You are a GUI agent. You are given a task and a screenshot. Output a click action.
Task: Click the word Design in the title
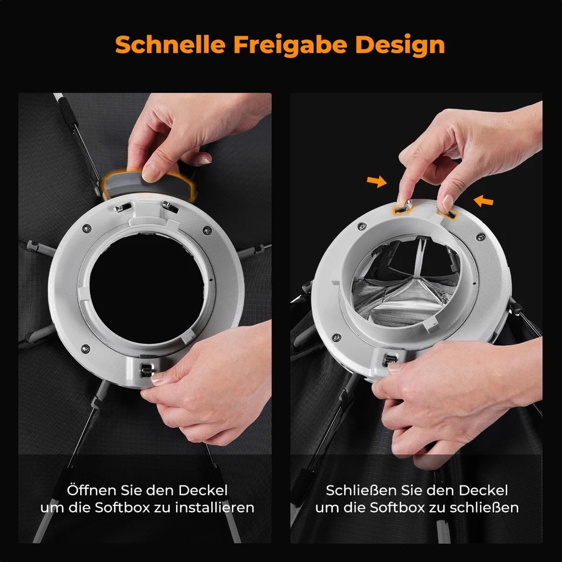pyautogui.click(x=403, y=44)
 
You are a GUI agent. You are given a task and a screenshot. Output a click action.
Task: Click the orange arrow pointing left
pyautogui.click(x=484, y=201)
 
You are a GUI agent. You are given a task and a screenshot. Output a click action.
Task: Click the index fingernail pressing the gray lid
pyautogui.click(x=151, y=172)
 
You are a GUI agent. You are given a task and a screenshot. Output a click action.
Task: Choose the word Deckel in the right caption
pyautogui.click(x=484, y=490)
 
